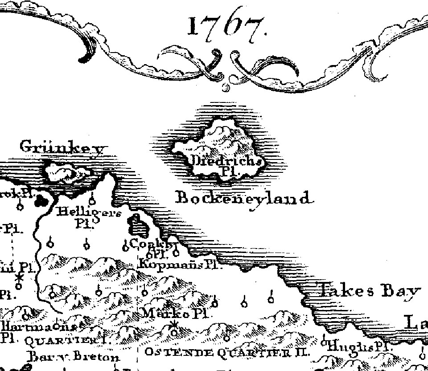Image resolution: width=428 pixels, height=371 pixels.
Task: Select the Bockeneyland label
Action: (243, 197)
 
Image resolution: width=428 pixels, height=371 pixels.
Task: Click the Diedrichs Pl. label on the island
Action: (226, 163)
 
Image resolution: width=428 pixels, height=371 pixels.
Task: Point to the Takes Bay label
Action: (369, 291)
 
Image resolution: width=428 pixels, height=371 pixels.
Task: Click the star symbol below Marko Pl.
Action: (174, 325)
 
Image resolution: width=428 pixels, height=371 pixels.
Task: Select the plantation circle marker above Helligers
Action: (92, 198)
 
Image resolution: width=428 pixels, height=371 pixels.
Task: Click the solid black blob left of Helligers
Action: (43, 201)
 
